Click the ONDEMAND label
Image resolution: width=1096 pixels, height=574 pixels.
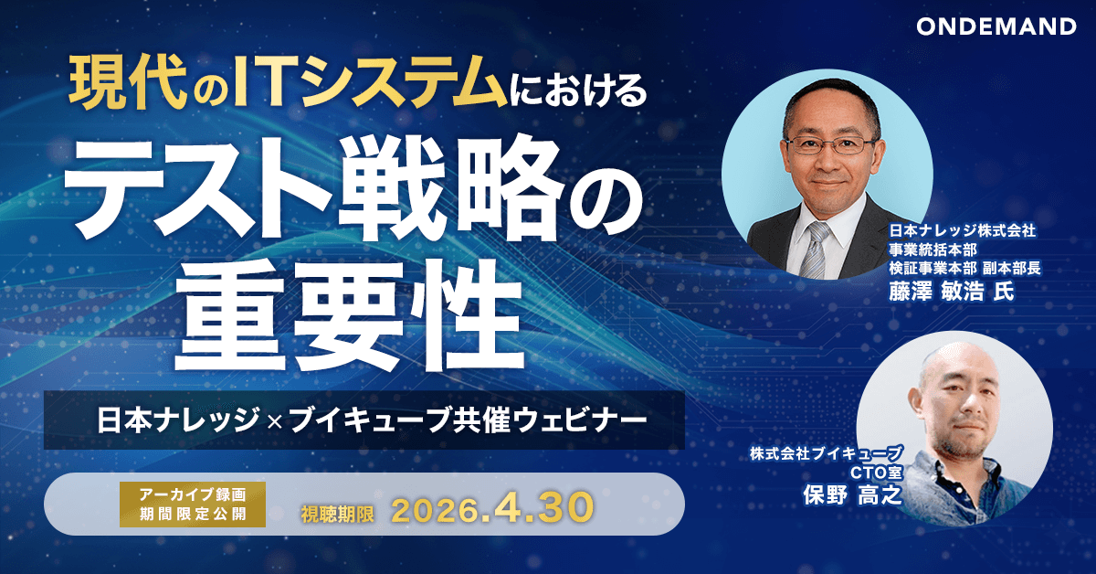coord(996,27)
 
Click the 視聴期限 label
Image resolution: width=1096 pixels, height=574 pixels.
coord(337,514)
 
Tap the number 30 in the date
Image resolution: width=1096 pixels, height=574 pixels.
coord(566,509)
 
